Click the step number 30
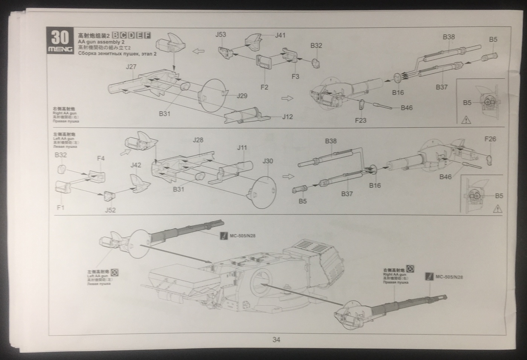(60, 37)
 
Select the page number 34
(276, 340)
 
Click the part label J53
(221, 35)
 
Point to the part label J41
(280, 35)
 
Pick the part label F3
(295, 76)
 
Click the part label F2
(264, 87)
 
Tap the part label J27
(131, 67)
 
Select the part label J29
(242, 96)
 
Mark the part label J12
(287, 117)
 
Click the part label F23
(361, 121)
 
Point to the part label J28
(198, 140)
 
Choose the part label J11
(242, 148)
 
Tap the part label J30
(268, 161)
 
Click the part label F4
(101, 159)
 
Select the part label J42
(136, 165)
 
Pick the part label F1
(61, 207)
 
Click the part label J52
(110, 210)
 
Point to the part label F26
(490, 139)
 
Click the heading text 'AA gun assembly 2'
(101, 42)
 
